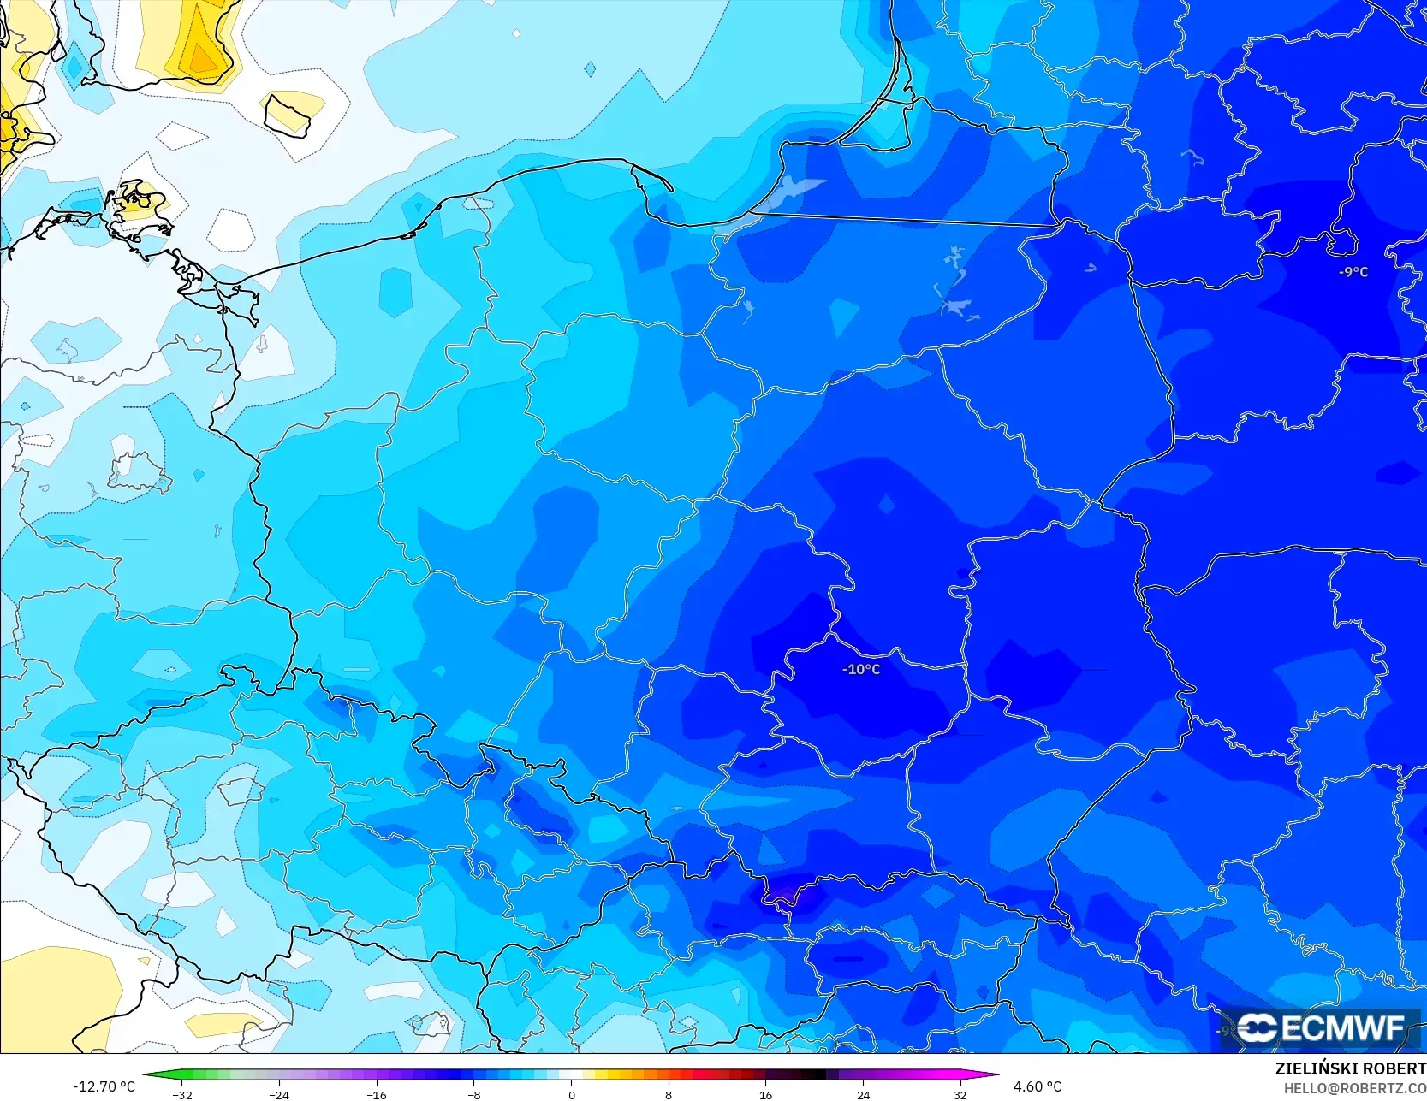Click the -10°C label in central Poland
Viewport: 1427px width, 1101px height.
pyautogui.click(x=861, y=669)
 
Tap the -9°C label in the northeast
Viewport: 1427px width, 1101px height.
pyautogui.click(x=1353, y=272)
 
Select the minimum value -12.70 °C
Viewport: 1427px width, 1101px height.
pyautogui.click(x=104, y=1086)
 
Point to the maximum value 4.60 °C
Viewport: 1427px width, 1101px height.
pyautogui.click(x=1038, y=1086)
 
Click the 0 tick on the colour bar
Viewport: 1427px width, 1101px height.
pyautogui.click(x=571, y=1094)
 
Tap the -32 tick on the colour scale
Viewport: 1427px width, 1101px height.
pyautogui.click(x=182, y=1094)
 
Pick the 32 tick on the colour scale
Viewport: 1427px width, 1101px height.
pyautogui.click(x=960, y=1094)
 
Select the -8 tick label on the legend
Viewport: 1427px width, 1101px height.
pyautogui.click(x=473, y=1094)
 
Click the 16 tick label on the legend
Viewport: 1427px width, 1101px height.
pyautogui.click(x=765, y=1094)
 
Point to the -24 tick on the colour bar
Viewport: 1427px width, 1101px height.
pyautogui.click(x=279, y=1094)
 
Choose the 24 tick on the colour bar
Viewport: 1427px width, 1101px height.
pyautogui.click(x=863, y=1094)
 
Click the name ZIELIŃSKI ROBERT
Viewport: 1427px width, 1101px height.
pyautogui.click(x=1350, y=1068)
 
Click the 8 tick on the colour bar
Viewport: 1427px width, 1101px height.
pyautogui.click(x=669, y=1094)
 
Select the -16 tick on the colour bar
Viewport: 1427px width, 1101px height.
pyautogui.click(x=377, y=1094)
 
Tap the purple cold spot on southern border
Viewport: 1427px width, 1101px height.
pyautogui.click(x=783, y=897)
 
